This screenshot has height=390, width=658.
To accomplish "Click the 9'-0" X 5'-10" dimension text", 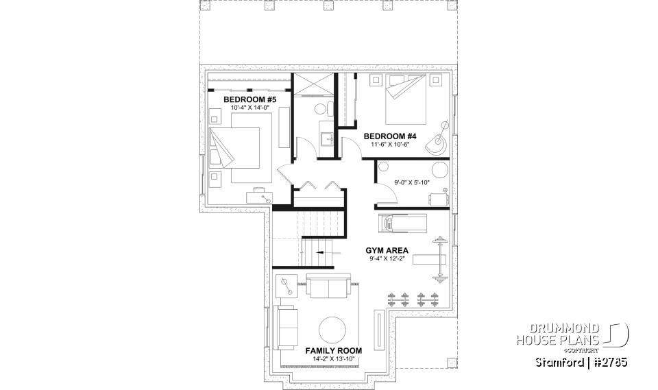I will (x=403, y=182).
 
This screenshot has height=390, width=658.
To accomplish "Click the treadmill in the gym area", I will (x=402, y=223).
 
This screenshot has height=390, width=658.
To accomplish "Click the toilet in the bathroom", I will (x=321, y=109).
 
